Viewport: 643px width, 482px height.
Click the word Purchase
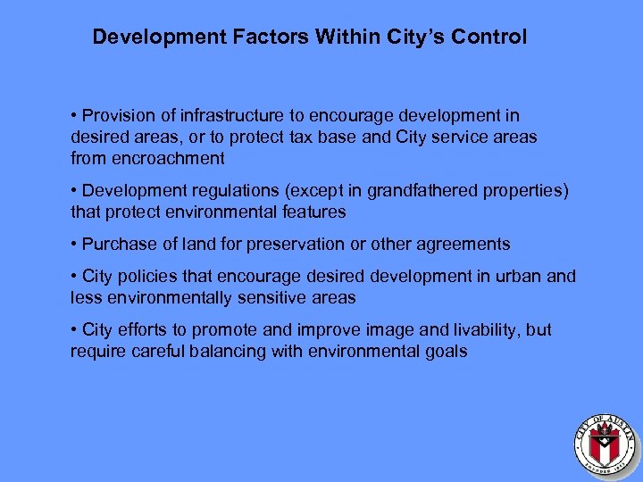pyautogui.click(x=117, y=245)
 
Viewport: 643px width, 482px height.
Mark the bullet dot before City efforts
pyautogui.click(x=74, y=330)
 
